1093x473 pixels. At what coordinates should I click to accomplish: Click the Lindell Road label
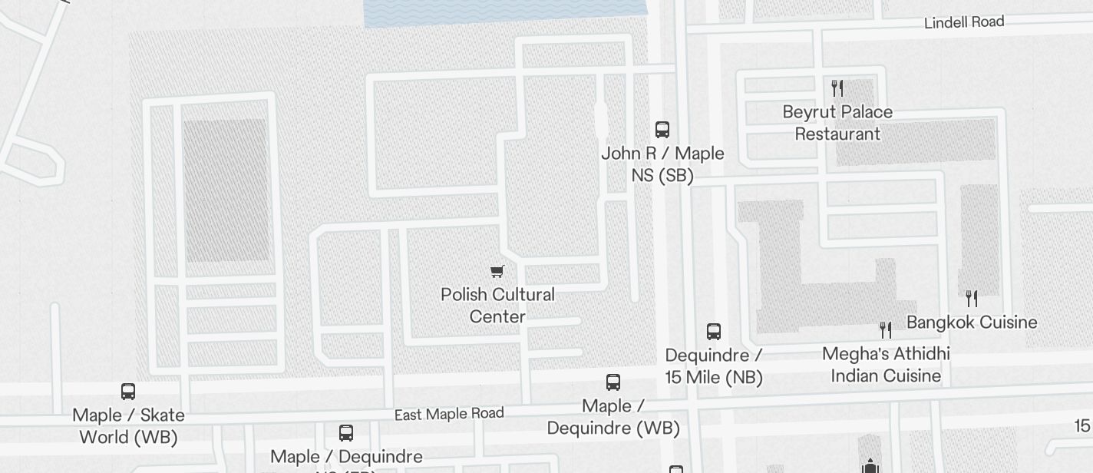[x=963, y=22]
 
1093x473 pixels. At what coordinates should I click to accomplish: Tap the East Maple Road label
[x=449, y=414]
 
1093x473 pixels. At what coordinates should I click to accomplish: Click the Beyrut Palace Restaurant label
[x=837, y=123]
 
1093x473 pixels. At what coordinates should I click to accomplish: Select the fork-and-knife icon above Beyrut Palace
[x=837, y=88]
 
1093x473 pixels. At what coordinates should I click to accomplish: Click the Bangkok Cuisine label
[x=972, y=322]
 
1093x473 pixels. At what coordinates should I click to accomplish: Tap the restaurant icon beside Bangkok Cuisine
[x=972, y=298]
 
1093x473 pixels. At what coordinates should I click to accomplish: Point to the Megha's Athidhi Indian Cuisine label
[x=886, y=365]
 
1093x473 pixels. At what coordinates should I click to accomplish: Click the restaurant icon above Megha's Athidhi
[x=886, y=330]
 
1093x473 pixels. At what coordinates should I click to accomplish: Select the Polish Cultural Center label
[x=497, y=306]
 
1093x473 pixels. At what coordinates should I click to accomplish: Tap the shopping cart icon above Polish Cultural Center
[x=497, y=271]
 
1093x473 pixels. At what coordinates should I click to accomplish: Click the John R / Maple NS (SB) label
[x=662, y=164]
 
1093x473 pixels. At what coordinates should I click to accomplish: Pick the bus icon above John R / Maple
[x=662, y=129]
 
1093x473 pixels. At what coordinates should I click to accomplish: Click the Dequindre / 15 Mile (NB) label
[x=714, y=366]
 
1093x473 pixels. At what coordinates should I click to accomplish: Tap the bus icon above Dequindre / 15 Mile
[x=714, y=332]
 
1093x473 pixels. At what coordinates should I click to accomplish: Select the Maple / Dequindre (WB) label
[x=613, y=417]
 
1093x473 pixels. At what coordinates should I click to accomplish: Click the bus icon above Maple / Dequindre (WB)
[x=613, y=382]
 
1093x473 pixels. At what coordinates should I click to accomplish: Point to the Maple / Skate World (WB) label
[x=128, y=426]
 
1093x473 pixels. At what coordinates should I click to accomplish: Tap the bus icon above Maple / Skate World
[x=128, y=392]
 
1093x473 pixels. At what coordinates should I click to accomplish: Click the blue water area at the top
[x=505, y=12]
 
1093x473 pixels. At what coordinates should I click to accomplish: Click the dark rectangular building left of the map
[x=225, y=190]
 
